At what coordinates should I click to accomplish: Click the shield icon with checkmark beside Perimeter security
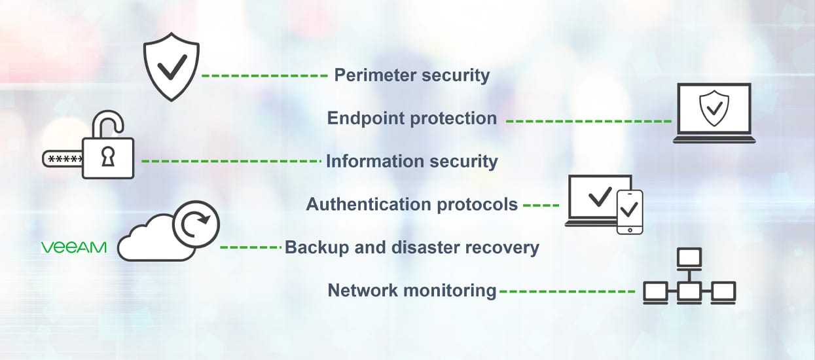coord(171,69)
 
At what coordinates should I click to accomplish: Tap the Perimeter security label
coord(412,75)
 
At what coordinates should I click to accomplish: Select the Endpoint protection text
coord(412,118)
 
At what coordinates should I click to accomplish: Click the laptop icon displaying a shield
coord(714,113)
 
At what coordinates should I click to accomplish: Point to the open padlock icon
coord(108,147)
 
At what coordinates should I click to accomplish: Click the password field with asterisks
coord(63,159)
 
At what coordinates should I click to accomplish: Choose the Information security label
coord(412,161)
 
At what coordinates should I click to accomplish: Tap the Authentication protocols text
coord(412,204)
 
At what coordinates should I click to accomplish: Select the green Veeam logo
coord(74,247)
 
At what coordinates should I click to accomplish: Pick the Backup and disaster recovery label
coord(412,247)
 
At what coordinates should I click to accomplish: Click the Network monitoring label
coord(412,290)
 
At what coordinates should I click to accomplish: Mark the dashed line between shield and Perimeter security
coord(264,76)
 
